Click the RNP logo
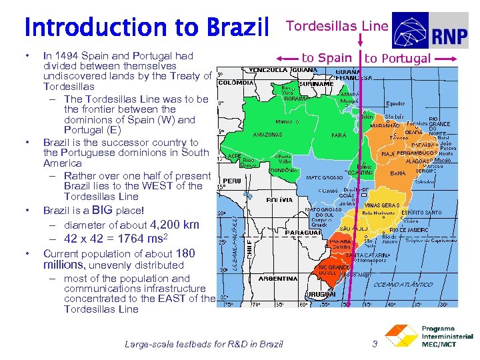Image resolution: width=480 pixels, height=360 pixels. (x=430, y=31)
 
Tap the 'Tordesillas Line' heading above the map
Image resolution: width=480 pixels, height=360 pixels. (x=337, y=26)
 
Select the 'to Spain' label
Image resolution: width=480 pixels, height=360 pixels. (x=326, y=58)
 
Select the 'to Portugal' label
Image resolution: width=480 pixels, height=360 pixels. (x=397, y=59)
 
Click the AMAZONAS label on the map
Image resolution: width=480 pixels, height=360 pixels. (x=267, y=135)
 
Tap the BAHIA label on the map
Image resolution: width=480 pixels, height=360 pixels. (x=397, y=173)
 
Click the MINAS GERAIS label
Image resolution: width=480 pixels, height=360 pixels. (x=382, y=205)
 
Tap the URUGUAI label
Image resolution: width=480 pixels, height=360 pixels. (x=320, y=294)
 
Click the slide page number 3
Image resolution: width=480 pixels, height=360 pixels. (x=375, y=344)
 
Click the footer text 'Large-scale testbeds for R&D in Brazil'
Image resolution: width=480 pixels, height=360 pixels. (x=204, y=344)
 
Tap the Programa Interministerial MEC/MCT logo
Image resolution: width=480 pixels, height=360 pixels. (x=430, y=337)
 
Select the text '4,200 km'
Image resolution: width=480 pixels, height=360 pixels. (x=175, y=225)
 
